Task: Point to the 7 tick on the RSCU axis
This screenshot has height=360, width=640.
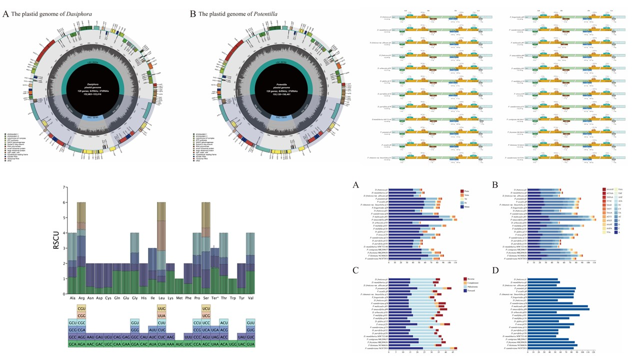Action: point(63,187)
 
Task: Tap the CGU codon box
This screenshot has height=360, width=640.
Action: point(82,310)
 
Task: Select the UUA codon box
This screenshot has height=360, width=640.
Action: point(161,316)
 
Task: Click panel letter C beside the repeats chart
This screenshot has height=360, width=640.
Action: point(355,270)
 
